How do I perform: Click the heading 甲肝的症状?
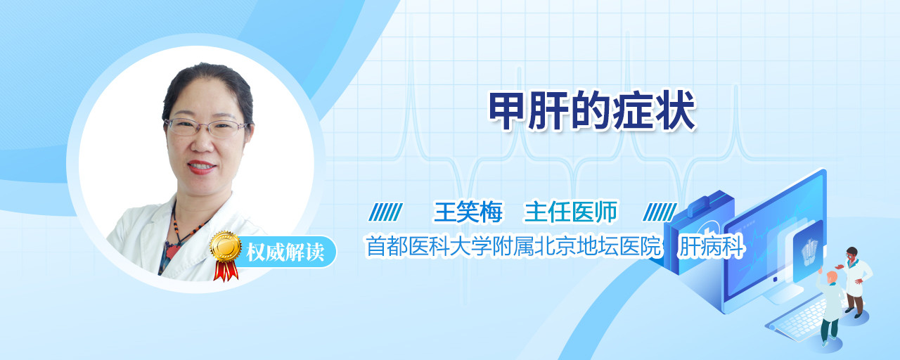tap(591, 110)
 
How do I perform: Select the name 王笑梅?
tap(468, 212)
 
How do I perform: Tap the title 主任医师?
tap(570, 212)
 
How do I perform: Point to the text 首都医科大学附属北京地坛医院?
tap(513, 246)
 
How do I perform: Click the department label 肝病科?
tap(711, 246)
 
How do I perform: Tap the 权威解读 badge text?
tap(285, 252)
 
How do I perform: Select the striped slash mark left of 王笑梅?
tap(386, 212)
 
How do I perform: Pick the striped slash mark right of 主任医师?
tap(660, 212)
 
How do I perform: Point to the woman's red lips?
tap(201, 167)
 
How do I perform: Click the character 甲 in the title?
tap(507, 110)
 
